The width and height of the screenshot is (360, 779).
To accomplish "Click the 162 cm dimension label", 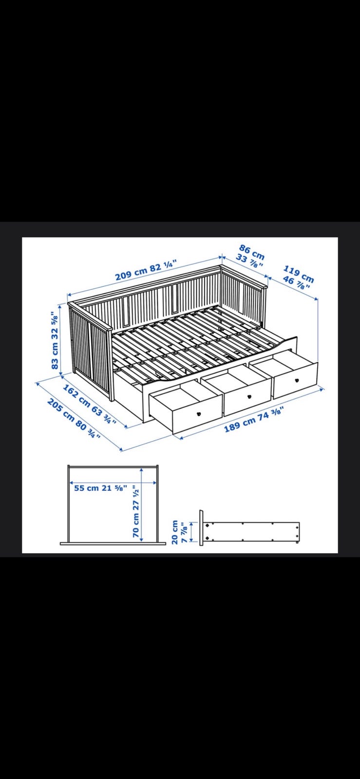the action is pos(76,396).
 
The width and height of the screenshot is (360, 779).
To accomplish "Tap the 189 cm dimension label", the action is pos(238,424).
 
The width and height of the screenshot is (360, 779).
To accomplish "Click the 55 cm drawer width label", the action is pos(86,488).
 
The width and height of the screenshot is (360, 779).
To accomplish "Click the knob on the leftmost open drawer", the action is pos(199,413).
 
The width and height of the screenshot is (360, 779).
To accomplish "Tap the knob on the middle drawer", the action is pos(249,396).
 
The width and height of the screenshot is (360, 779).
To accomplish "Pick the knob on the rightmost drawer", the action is pos(297,380).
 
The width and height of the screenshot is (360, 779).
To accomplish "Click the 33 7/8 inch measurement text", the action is pos(249,261).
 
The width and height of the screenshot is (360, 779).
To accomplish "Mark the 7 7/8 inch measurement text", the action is pos(184,532).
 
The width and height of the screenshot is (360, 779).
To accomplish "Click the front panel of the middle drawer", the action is pos(247,397).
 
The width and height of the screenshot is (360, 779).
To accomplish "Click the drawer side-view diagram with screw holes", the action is pos(250,531).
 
